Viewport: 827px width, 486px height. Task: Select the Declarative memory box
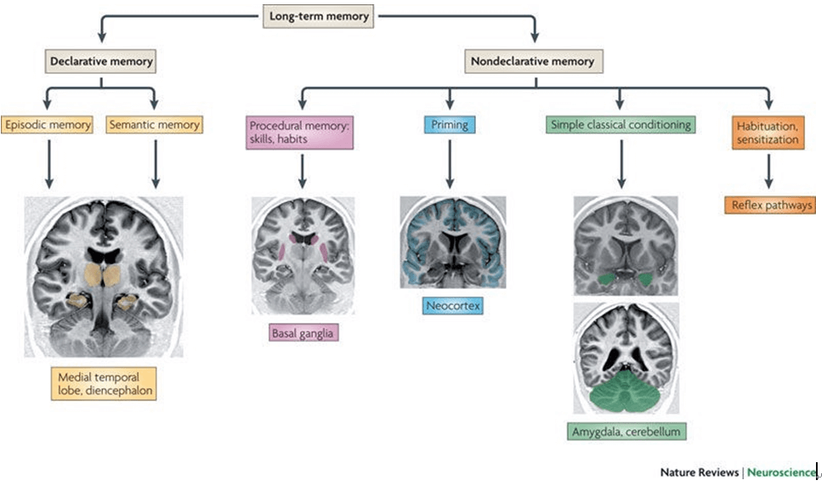click(x=101, y=61)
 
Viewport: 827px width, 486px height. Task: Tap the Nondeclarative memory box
click(x=534, y=61)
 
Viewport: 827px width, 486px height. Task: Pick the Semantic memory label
click(x=155, y=125)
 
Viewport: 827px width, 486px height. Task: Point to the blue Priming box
click(x=449, y=125)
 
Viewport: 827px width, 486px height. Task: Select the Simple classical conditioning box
click(x=620, y=125)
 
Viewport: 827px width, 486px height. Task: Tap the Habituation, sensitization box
click(x=768, y=132)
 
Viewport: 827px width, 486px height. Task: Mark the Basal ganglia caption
click(x=303, y=333)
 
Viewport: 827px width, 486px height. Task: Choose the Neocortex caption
click(x=452, y=304)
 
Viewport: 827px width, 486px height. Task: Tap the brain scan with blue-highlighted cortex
click(x=452, y=242)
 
